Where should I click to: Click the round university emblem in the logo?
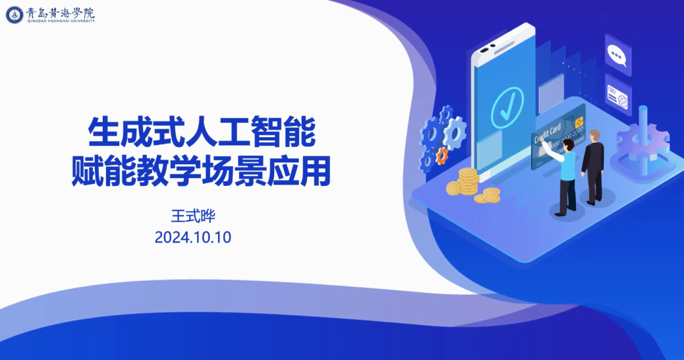click(x=15, y=15)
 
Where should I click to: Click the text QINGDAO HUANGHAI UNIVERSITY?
click(x=61, y=20)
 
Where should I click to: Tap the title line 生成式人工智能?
click(x=201, y=131)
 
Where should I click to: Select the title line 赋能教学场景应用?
click(x=201, y=171)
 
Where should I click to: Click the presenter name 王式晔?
click(x=193, y=216)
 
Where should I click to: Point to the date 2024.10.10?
click(x=193, y=237)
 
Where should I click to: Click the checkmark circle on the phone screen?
click(x=507, y=107)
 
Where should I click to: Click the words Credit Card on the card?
click(x=547, y=133)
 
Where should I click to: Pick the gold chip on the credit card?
click(x=579, y=123)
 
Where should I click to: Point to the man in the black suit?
click(x=593, y=167)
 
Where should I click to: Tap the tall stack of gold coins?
click(x=469, y=181)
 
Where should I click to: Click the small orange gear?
click(x=442, y=156)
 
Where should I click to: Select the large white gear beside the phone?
click(x=455, y=133)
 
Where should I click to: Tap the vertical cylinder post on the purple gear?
click(x=643, y=139)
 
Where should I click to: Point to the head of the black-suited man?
click(x=594, y=136)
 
